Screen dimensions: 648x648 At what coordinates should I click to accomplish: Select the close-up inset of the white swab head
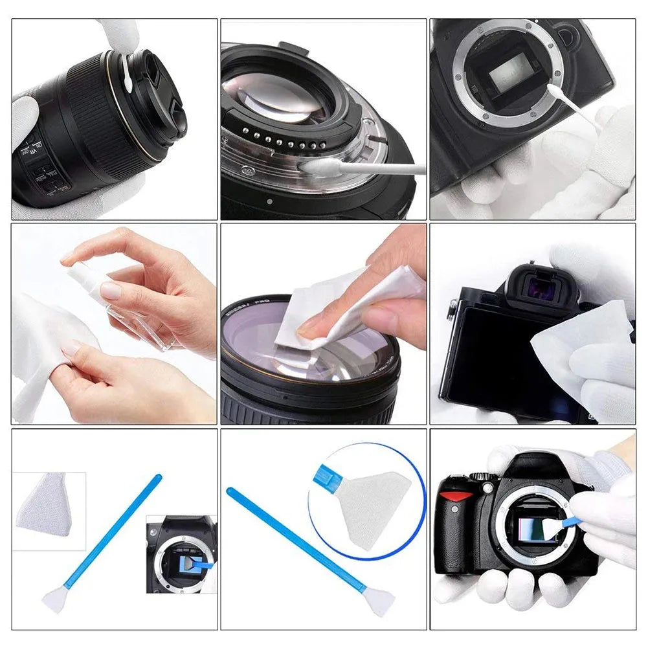[49, 505]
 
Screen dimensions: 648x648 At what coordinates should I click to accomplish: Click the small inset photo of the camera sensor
[181, 553]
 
